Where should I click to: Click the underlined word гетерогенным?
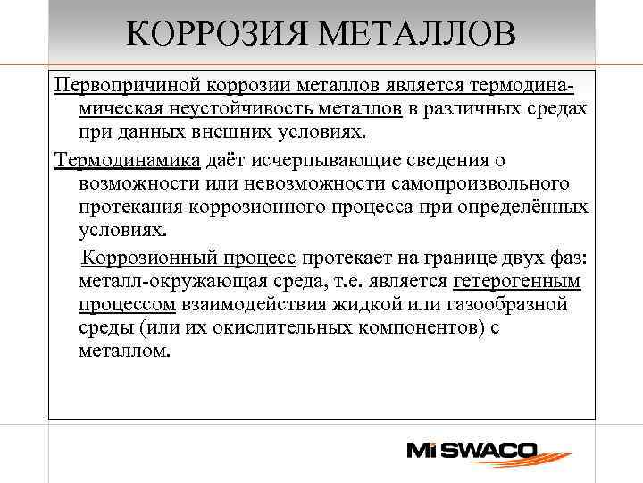(x=518, y=282)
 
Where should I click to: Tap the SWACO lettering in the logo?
(x=491, y=450)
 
